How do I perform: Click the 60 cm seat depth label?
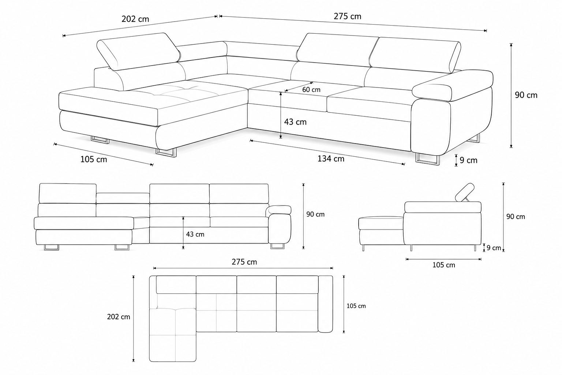[x=311, y=90]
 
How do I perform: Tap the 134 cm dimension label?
[x=331, y=159]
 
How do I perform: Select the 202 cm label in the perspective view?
[x=135, y=19]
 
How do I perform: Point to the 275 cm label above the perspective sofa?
[x=348, y=16]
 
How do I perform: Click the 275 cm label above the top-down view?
[x=244, y=262]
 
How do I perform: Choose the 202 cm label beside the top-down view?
[x=119, y=317]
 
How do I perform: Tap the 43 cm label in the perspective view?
[x=295, y=122]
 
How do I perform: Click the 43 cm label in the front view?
[x=195, y=234]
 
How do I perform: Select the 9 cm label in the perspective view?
[x=468, y=160]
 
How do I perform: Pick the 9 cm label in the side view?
[x=494, y=248]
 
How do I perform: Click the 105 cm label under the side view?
[x=443, y=265]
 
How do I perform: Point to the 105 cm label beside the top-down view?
[x=356, y=306]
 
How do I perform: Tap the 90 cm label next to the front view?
[x=315, y=214]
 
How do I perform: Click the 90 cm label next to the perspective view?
[x=526, y=95]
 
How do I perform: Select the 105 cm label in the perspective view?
[x=94, y=159]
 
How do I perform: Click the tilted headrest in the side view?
[x=465, y=192]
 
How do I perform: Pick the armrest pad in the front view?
[x=280, y=210]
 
